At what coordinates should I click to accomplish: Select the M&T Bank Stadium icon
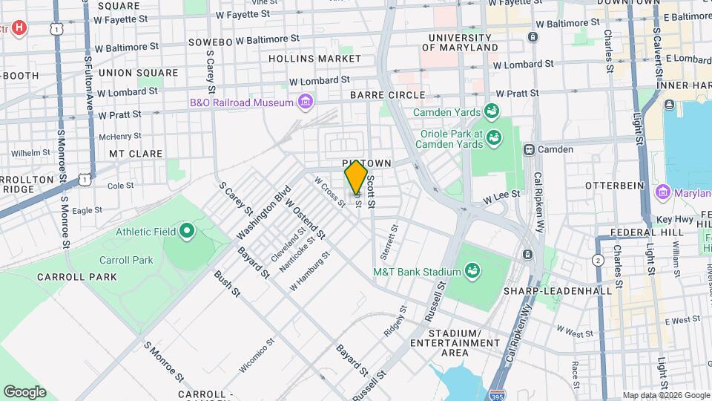pyautogui.click(x=471, y=272)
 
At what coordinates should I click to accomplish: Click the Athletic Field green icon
pyautogui.click(x=187, y=232)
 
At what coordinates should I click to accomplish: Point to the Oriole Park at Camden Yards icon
pyautogui.click(x=493, y=137)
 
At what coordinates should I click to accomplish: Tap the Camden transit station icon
pyautogui.click(x=530, y=149)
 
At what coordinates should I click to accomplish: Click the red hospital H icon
pyautogui.click(x=20, y=29)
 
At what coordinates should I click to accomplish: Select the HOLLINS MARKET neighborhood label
pyautogui.click(x=305, y=58)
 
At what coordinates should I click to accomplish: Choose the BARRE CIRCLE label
pyautogui.click(x=389, y=95)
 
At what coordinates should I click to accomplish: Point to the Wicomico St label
pyautogui.click(x=257, y=356)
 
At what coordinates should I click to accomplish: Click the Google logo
pyautogui.click(x=25, y=391)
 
